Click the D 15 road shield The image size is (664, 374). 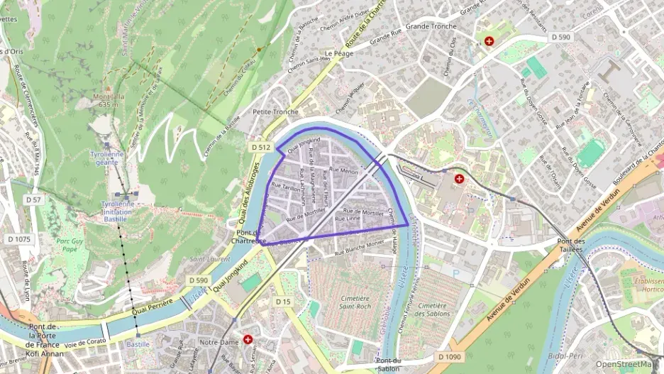(x=283, y=302)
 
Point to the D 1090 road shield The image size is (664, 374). (x=450, y=356)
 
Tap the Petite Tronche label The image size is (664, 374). (x=275, y=112)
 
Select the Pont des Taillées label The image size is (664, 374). (x=570, y=246)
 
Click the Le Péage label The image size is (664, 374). (x=339, y=53)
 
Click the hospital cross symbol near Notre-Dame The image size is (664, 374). (x=248, y=340)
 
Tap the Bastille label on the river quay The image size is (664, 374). (x=138, y=344)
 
